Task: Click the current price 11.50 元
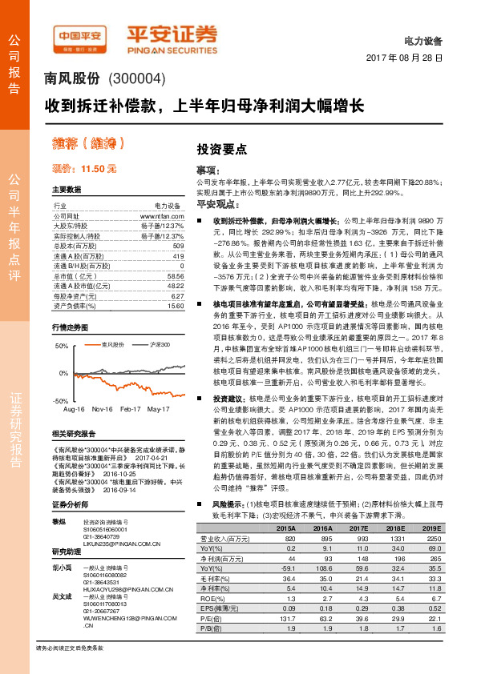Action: coord(83,169)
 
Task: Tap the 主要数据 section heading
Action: coord(67,190)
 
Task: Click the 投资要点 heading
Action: coord(222,150)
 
